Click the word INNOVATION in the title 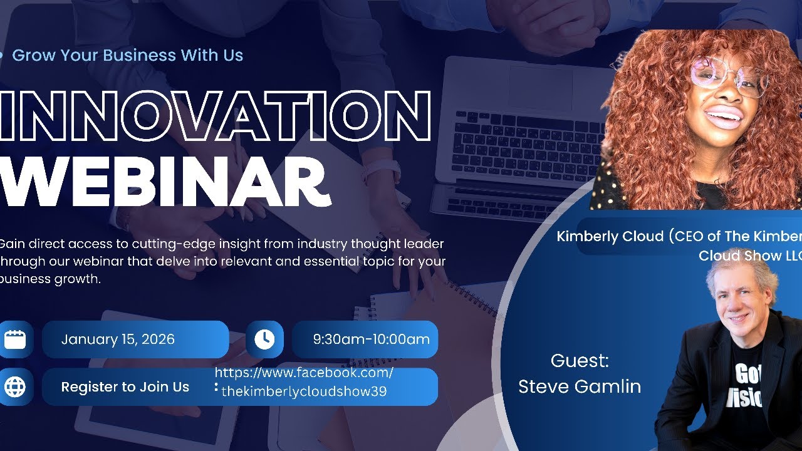[x=213, y=116]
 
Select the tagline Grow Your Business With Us [x=127, y=55]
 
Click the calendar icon [x=15, y=340]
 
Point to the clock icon [x=264, y=340]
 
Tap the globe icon [x=15, y=387]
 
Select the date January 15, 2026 [x=118, y=340]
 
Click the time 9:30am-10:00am [x=371, y=340]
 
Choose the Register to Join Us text [x=125, y=387]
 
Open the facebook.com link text [x=304, y=373]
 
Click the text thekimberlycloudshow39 [x=304, y=392]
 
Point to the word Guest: [x=580, y=361]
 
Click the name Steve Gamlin [x=580, y=386]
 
